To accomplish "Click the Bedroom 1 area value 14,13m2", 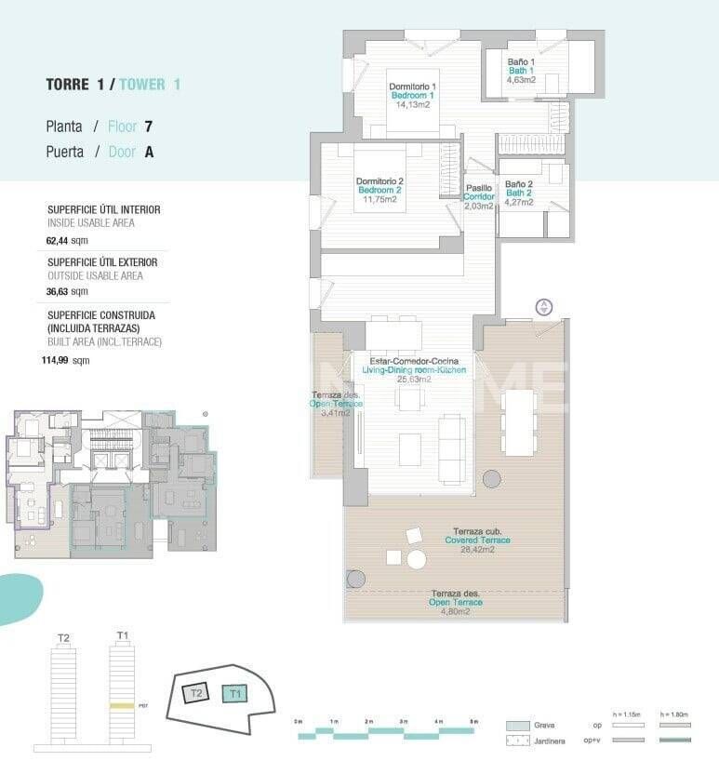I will tap(413, 105).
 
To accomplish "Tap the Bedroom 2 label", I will tap(379, 190).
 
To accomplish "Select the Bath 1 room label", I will tap(520, 71).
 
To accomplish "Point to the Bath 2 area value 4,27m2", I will tap(518, 202).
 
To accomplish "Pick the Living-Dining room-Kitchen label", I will tap(413, 369).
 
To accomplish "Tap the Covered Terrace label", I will tap(477, 540).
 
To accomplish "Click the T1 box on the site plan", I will tap(235, 693).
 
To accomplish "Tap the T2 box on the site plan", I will tap(196, 693).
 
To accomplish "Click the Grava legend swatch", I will tap(518, 726).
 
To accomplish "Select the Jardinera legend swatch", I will tap(518, 741).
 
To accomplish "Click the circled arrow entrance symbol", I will tap(544, 308).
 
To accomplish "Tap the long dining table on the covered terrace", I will tap(520, 423).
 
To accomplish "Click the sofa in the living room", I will tap(452, 448).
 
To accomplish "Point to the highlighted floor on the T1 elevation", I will tap(122, 707).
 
